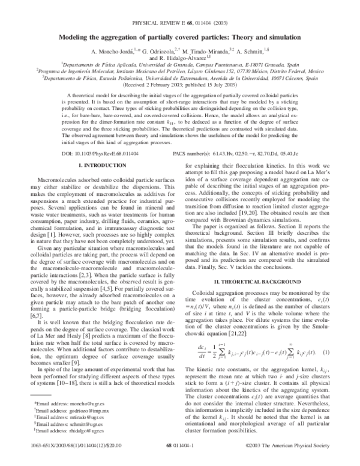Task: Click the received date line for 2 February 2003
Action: click(x=180, y=84)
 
